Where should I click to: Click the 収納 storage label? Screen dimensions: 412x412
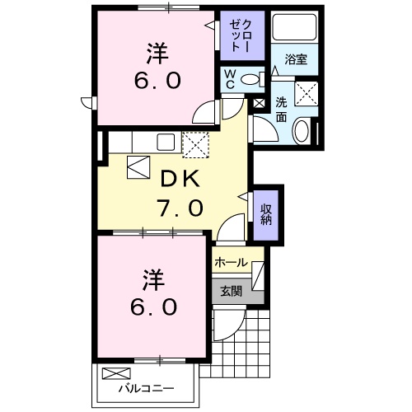[266, 213]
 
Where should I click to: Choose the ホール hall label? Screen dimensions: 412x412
[231, 262]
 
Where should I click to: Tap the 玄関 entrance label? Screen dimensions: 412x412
[231, 290]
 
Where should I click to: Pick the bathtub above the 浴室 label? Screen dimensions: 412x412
[294, 28]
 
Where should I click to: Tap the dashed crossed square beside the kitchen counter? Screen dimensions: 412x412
[196, 144]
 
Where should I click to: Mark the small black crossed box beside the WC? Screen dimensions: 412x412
[260, 104]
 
